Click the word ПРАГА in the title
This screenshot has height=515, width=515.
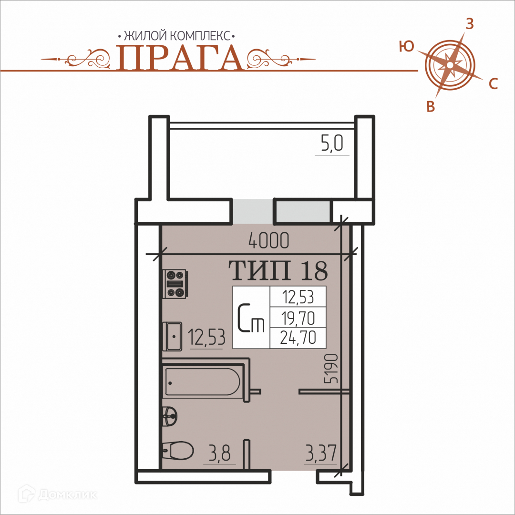(180, 58)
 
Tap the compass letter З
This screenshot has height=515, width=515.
(470, 24)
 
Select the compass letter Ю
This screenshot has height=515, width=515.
(407, 47)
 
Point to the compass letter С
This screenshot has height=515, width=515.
(494, 84)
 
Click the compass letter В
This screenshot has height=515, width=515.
(431, 107)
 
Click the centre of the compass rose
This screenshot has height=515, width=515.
(450, 65)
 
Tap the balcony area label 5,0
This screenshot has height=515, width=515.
(332, 143)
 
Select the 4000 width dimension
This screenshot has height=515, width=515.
(269, 240)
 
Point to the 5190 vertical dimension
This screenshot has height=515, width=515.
(331, 369)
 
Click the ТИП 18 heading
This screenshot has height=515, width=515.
(278, 271)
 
